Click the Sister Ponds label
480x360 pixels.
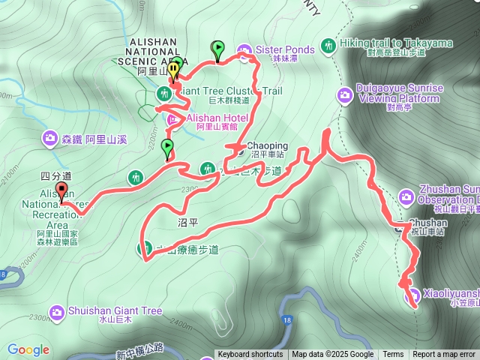coord(279,49)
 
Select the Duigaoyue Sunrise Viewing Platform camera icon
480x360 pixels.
coord(345,94)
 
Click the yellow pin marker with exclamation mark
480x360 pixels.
coord(174,70)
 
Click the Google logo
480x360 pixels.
coord(28,349)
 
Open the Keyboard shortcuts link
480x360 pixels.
coord(250,355)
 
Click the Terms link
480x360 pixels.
coord(393,355)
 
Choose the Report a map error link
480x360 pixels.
coord(445,355)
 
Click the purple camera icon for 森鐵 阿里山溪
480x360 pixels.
coord(49,138)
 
